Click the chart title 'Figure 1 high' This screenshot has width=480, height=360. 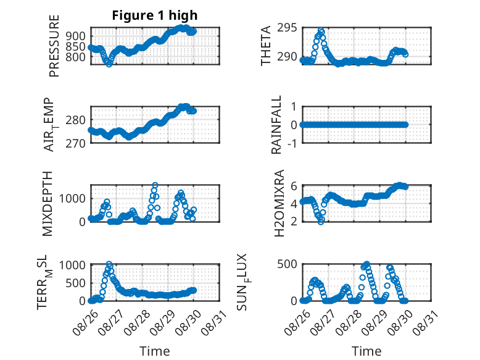[x=155, y=15]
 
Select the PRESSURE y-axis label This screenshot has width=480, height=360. [x=54, y=46]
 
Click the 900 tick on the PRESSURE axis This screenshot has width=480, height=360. [x=76, y=36]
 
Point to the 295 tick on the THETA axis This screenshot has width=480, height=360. [x=287, y=28]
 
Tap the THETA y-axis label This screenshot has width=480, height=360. [x=266, y=46]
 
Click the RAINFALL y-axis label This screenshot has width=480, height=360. [x=276, y=125]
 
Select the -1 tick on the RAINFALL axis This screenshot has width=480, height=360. [x=292, y=143]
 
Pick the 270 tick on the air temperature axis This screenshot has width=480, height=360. [x=76, y=143]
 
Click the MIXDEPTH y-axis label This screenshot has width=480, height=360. [x=48, y=204]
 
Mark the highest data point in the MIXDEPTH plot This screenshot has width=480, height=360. [x=155, y=185]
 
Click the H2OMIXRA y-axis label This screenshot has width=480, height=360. [x=279, y=203]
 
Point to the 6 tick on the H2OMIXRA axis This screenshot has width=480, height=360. [x=294, y=186]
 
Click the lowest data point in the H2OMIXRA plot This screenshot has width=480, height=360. [x=320, y=222]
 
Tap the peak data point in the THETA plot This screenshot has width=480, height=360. [x=321, y=31]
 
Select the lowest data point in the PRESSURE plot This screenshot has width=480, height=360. [x=109, y=64]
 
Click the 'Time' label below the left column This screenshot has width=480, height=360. [x=155, y=351]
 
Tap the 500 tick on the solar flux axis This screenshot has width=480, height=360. [x=287, y=264]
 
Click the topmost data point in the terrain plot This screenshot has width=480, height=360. [x=109, y=264]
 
